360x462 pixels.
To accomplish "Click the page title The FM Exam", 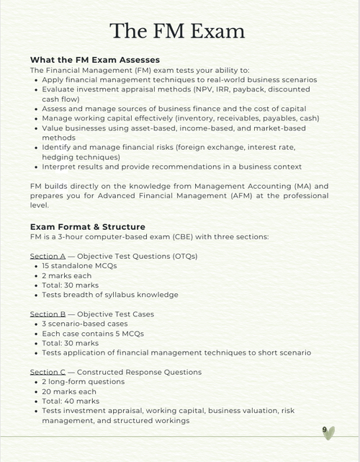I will click(177, 31).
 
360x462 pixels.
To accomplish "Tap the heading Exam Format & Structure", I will click(87, 226).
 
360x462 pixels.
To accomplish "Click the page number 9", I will click(325, 430).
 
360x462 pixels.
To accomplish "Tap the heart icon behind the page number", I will click(330, 432).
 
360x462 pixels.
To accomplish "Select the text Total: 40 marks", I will click(71, 401).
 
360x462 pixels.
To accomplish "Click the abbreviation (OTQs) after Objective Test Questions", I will click(181, 256).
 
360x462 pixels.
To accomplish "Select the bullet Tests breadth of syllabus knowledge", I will click(109, 295).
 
